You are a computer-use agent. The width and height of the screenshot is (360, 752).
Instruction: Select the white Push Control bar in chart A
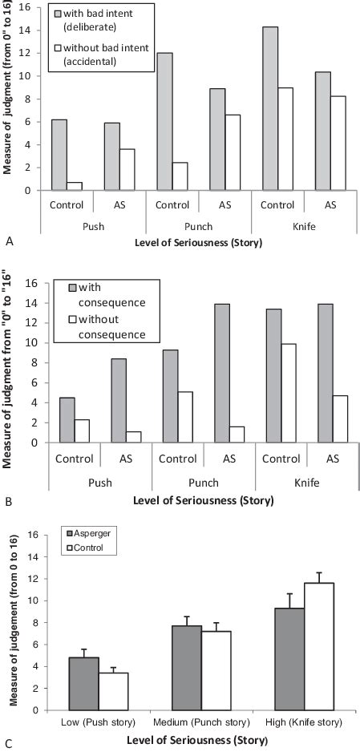[75, 186]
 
